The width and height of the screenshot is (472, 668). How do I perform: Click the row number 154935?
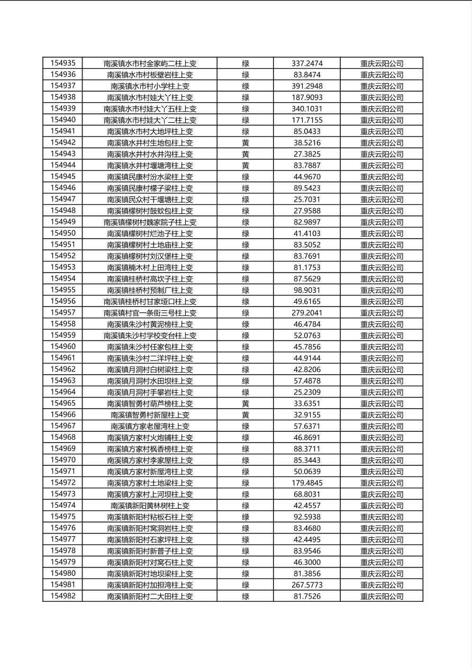[x=62, y=63]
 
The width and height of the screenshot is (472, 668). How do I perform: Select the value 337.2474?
[x=307, y=64]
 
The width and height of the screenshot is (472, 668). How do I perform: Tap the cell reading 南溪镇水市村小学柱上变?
[x=150, y=86]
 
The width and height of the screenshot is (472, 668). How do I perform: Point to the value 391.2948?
[x=307, y=86]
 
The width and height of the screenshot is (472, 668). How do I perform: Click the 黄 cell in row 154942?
[x=246, y=143]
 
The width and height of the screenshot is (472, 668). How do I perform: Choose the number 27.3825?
[x=307, y=154]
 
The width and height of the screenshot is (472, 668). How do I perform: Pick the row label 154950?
[x=62, y=233]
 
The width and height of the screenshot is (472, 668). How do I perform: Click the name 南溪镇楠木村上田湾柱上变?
[x=150, y=268]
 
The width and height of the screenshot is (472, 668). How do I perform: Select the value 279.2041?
[x=307, y=313]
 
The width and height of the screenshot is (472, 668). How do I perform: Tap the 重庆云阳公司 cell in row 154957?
[x=382, y=313]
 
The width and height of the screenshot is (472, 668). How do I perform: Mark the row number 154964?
[x=62, y=392]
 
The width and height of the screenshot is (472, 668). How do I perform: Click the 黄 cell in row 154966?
[x=246, y=415]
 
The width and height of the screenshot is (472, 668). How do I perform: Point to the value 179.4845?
[x=307, y=483]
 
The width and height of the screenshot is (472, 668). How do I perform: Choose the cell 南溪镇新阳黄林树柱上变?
[x=150, y=505]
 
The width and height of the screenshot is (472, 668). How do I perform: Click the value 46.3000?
[x=307, y=562]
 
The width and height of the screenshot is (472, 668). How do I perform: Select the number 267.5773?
[x=307, y=585]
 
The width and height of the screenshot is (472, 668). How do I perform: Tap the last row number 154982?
[x=62, y=596]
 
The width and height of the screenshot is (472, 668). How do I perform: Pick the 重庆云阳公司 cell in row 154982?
[x=382, y=597]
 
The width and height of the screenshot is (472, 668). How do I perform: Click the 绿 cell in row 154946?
[x=246, y=188]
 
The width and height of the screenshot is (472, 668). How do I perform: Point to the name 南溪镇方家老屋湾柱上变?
[x=150, y=426]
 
